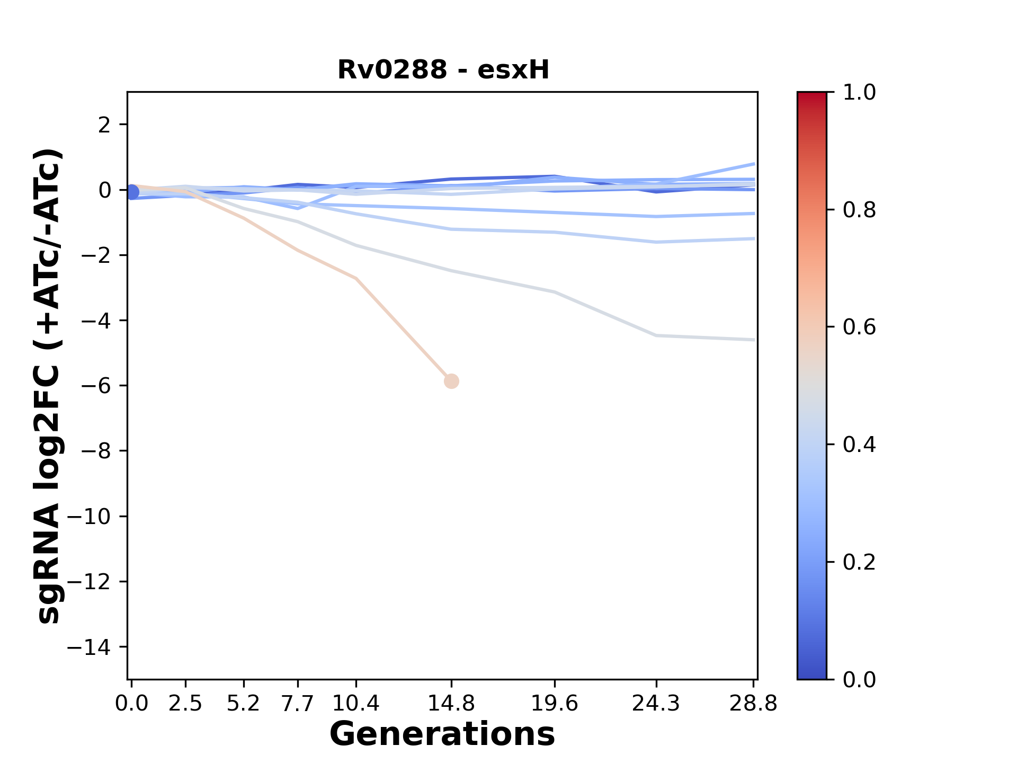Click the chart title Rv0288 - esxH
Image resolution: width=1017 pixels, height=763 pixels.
443,70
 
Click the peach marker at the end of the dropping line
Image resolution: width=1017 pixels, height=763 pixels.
451,381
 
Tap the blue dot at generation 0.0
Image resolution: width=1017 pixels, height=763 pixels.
132,192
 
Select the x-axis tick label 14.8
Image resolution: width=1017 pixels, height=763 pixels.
451,704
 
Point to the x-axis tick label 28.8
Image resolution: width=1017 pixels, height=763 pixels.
753,704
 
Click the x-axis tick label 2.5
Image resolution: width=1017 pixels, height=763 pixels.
185,704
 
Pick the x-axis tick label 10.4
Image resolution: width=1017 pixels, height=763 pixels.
356,704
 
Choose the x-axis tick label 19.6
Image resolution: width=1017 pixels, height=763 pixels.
555,704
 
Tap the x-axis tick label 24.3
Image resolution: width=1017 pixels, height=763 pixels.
656,704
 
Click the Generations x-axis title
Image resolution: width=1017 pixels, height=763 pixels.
442,734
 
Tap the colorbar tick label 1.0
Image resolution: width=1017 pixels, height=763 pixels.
859,93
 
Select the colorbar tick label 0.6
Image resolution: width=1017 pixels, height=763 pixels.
859,327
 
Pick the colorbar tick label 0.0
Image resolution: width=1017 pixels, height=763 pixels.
859,679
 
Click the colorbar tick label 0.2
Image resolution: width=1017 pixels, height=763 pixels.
859,562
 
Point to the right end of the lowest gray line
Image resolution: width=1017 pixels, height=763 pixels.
754,340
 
